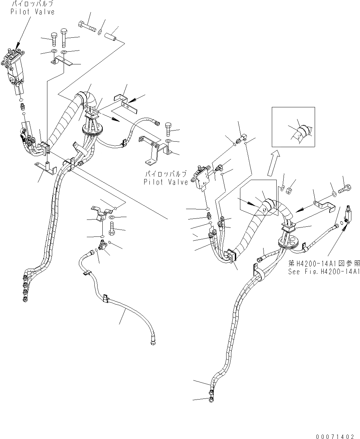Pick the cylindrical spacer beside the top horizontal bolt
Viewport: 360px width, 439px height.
click(111, 36)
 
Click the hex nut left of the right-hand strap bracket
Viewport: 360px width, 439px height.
click(290, 190)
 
